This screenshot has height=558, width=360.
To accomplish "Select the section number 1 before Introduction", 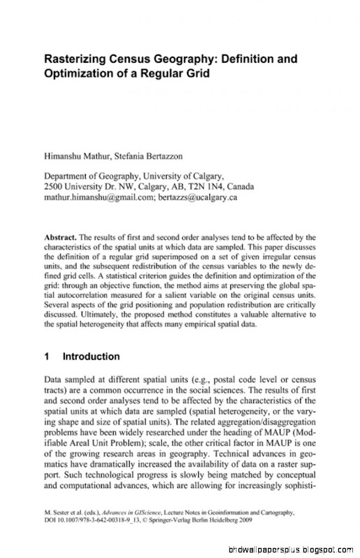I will coord(46,356).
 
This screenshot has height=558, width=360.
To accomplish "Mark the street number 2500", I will coord(54,187).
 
